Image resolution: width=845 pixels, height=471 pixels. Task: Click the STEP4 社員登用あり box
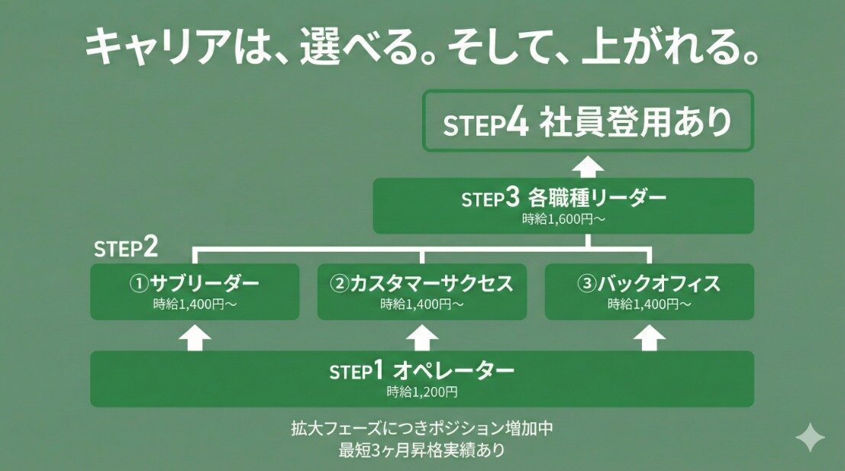pyautogui.click(x=587, y=122)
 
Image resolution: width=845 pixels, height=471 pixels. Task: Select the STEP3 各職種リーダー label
pyautogui.click(x=563, y=198)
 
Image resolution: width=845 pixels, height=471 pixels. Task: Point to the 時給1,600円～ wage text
pyautogui.click(x=563, y=220)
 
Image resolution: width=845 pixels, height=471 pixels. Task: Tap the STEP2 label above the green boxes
pyautogui.click(x=126, y=248)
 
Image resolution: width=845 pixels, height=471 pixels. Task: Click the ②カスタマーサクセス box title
pyautogui.click(x=421, y=284)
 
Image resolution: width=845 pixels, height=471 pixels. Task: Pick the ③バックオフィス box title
pyautogui.click(x=649, y=284)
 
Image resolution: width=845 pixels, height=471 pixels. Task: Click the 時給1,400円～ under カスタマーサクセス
pyautogui.click(x=421, y=304)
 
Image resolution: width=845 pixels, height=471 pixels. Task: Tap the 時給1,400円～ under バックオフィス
pyautogui.click(x=649, y=304)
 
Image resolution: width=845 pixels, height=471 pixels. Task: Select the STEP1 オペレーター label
pyautogui.click(x=421, y=371)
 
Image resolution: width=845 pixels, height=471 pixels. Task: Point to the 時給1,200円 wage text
pyautogui.click(x=421, y=392)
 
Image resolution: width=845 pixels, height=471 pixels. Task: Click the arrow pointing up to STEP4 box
pyautogui.click(x=589, y=166)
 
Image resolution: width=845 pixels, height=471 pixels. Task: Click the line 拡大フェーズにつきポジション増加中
pyautogui.click(x=421, y=428)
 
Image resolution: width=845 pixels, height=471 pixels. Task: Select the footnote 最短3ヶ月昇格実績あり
pyautogui.click(x=421, y=450)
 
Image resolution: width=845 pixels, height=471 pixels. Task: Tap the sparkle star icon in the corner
pyautogui.click(x=809, y=438)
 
